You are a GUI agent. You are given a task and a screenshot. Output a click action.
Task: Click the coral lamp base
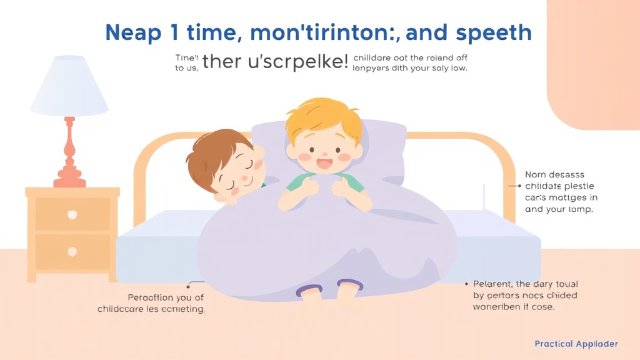click(69, 156)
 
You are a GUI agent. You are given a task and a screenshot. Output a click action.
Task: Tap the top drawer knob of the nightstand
click(72, 214)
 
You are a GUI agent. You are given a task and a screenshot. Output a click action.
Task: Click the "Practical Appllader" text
click(576, 344)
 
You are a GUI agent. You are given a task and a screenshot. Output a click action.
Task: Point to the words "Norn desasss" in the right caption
click(555, 175)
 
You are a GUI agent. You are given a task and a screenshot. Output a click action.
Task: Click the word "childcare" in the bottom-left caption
click(121, 309)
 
